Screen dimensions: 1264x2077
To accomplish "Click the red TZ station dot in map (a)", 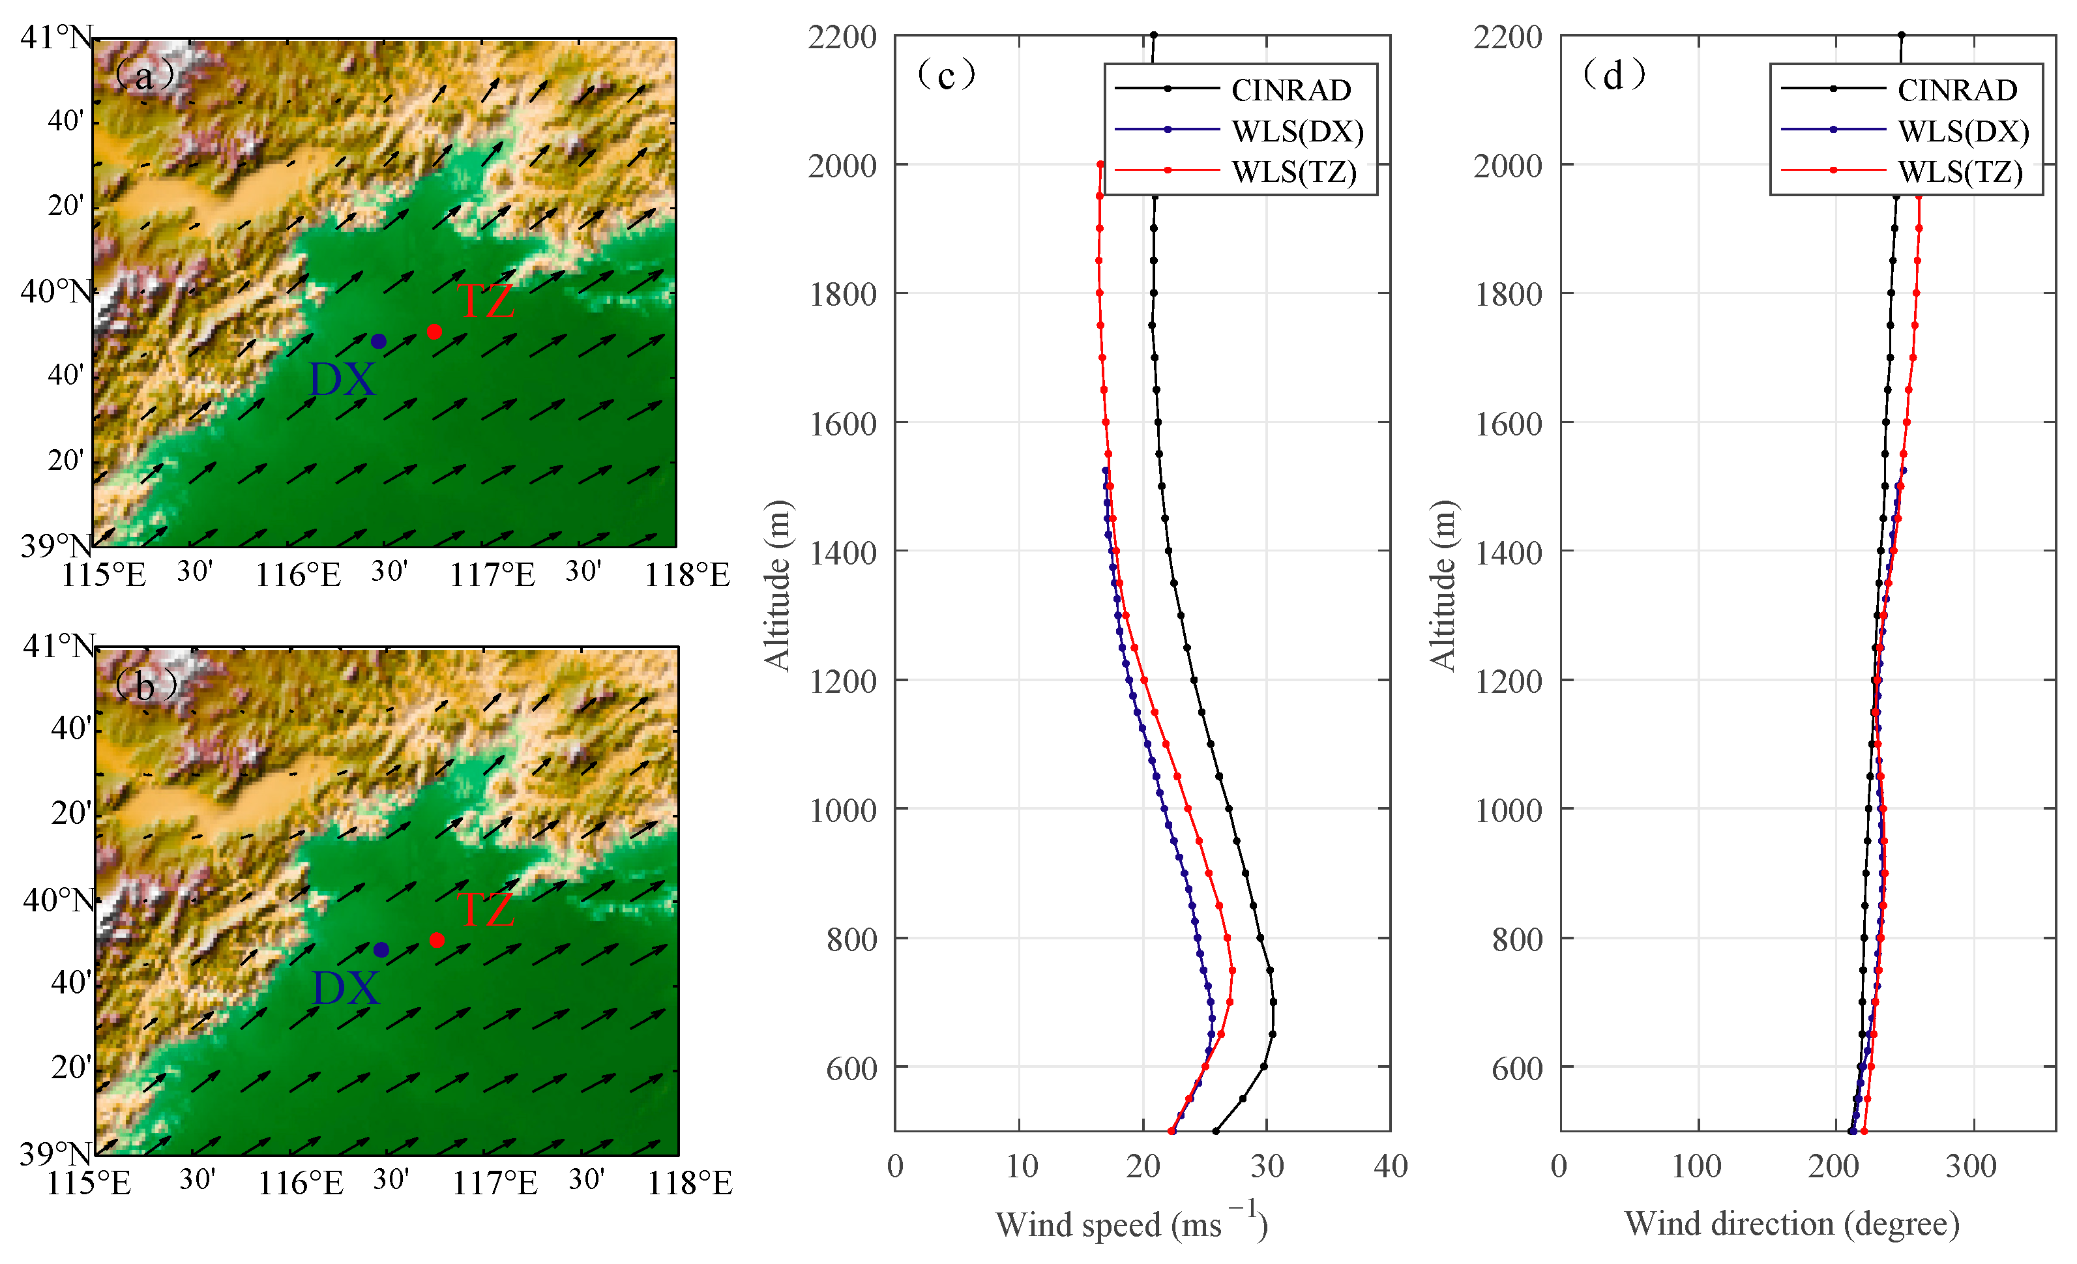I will pos(434,332).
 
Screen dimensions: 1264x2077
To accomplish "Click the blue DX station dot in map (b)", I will pos(381,950).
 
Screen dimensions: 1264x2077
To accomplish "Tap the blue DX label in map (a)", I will pos(342,380).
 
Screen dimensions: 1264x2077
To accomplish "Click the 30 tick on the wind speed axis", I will pos(1266,1166).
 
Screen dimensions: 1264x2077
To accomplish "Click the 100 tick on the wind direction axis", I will pos(1696,1166).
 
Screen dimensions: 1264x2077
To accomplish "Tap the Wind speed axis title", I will pos(1130,1224).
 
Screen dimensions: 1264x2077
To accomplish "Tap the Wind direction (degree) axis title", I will pos(1791,1224).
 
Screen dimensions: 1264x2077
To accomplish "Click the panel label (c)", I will pos(946,75).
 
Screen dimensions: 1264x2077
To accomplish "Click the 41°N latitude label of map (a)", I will pos(55,38).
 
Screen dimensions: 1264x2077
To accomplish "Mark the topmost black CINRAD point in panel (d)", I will pos(1901,35).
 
